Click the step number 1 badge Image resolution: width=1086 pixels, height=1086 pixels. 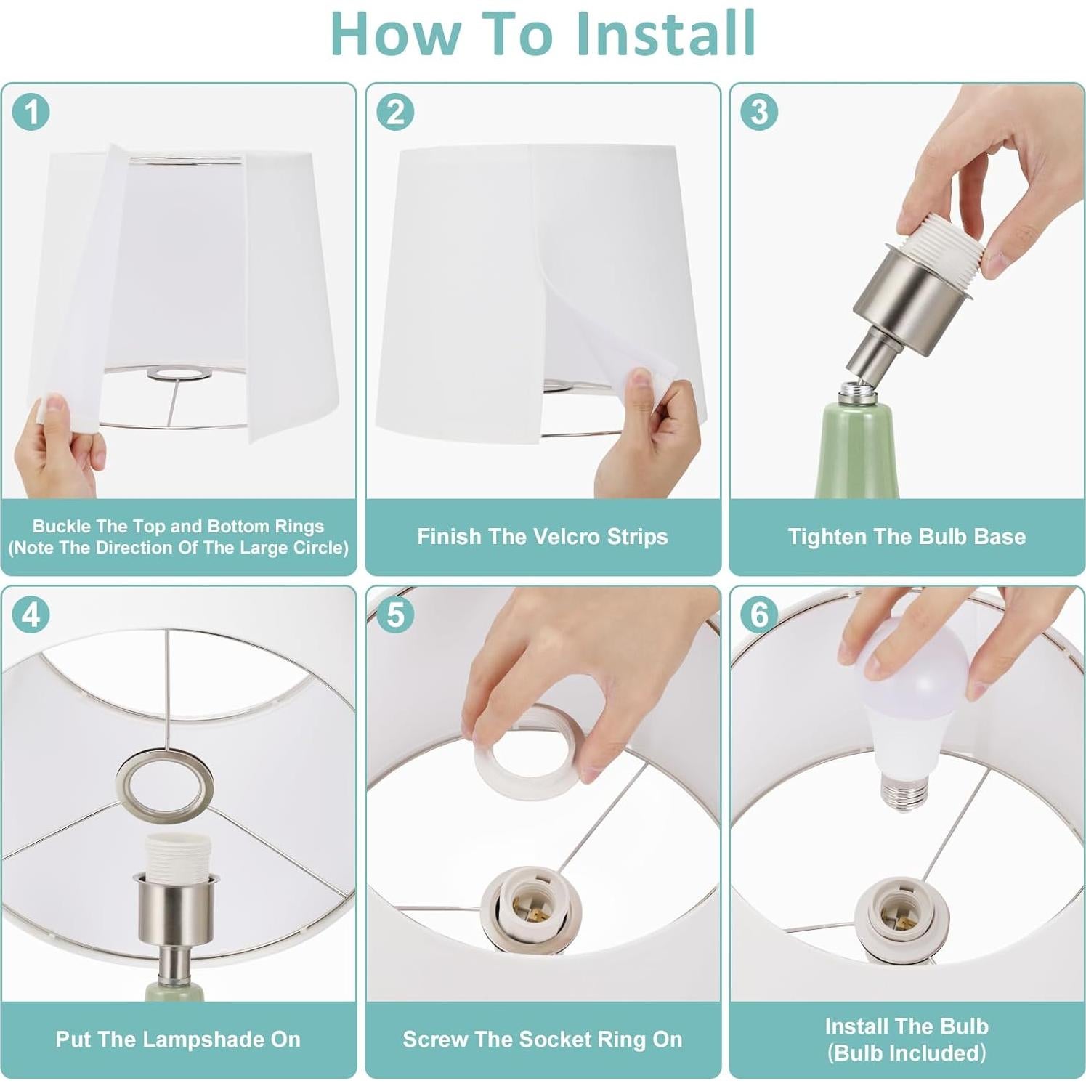[31, 113]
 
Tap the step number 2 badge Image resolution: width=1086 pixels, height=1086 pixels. [395, 113]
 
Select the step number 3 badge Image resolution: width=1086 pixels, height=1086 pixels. [759, 112]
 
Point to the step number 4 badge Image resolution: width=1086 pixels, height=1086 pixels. [31, 615]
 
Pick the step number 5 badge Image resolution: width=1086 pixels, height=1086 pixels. [395, 615]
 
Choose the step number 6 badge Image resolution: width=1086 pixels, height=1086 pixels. [759, 615]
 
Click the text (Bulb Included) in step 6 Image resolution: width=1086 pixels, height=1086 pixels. [907, 1053]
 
